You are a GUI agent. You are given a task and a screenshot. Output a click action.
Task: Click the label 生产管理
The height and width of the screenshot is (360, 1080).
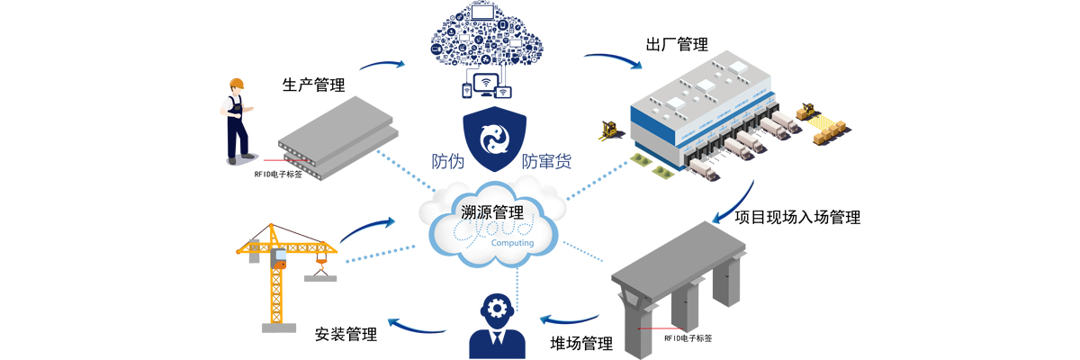(313, 86)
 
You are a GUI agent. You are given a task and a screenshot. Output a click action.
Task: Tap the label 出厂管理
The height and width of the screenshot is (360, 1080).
(677, 45)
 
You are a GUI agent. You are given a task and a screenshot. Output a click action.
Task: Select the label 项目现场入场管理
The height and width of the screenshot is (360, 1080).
(797, 217)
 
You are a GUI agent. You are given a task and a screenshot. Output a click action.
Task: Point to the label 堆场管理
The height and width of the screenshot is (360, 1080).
(581, 343)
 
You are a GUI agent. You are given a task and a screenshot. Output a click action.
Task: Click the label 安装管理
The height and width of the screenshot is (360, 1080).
(346, 334)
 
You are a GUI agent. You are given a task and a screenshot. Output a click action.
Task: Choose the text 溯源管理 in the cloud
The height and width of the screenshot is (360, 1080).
(491, 213)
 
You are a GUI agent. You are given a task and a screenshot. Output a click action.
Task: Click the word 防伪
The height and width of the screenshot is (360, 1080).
(448, 163)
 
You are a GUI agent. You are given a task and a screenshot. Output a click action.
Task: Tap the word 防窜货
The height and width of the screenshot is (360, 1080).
(546, 163)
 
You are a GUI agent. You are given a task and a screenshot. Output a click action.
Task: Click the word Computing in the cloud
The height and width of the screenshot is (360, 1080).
(513, 242)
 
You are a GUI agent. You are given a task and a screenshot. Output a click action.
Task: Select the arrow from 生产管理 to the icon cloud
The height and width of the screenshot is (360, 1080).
(382, 65)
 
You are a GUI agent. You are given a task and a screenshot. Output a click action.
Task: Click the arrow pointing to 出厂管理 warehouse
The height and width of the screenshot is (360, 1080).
(612, 61)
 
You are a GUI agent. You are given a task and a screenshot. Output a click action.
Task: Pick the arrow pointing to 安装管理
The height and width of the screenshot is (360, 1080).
(416, 325)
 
